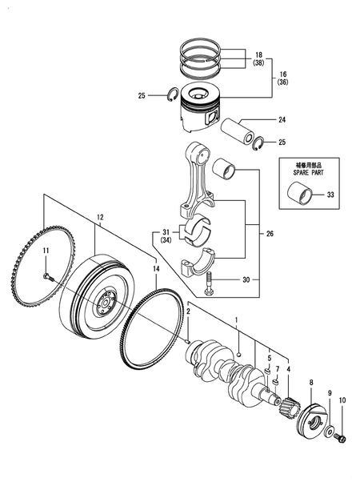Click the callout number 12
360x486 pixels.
100,218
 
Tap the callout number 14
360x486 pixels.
156,269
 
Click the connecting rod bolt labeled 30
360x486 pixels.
208,283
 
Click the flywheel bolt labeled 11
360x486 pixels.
48,275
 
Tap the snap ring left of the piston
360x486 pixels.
174,95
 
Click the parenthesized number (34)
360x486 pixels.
166,240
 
